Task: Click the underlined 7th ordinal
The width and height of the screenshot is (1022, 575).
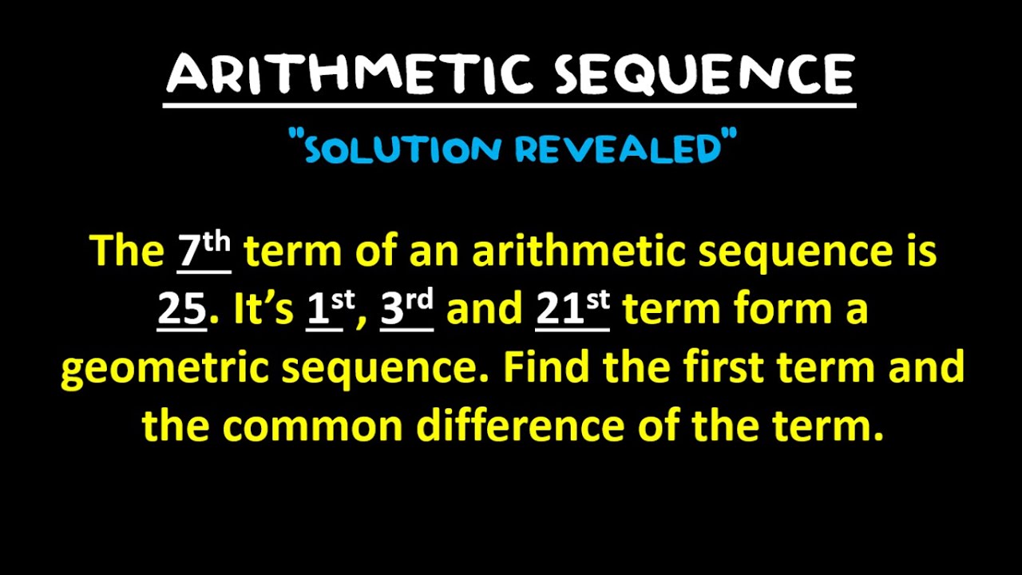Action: [x=204, y=251]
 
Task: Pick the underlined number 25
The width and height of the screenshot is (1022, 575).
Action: [x=182, y=310]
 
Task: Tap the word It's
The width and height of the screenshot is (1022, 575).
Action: [x=263, y=310]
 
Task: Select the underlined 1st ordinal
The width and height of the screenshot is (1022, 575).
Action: [x=330, y=310]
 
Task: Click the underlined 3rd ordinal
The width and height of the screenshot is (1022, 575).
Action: [x=406, y=310]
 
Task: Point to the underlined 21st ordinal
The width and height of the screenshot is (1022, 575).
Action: [x=572, y=310]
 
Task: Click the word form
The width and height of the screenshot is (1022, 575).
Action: [x=774, y=310]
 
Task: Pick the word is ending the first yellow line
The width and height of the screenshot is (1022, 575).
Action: [x=921, y=251]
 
